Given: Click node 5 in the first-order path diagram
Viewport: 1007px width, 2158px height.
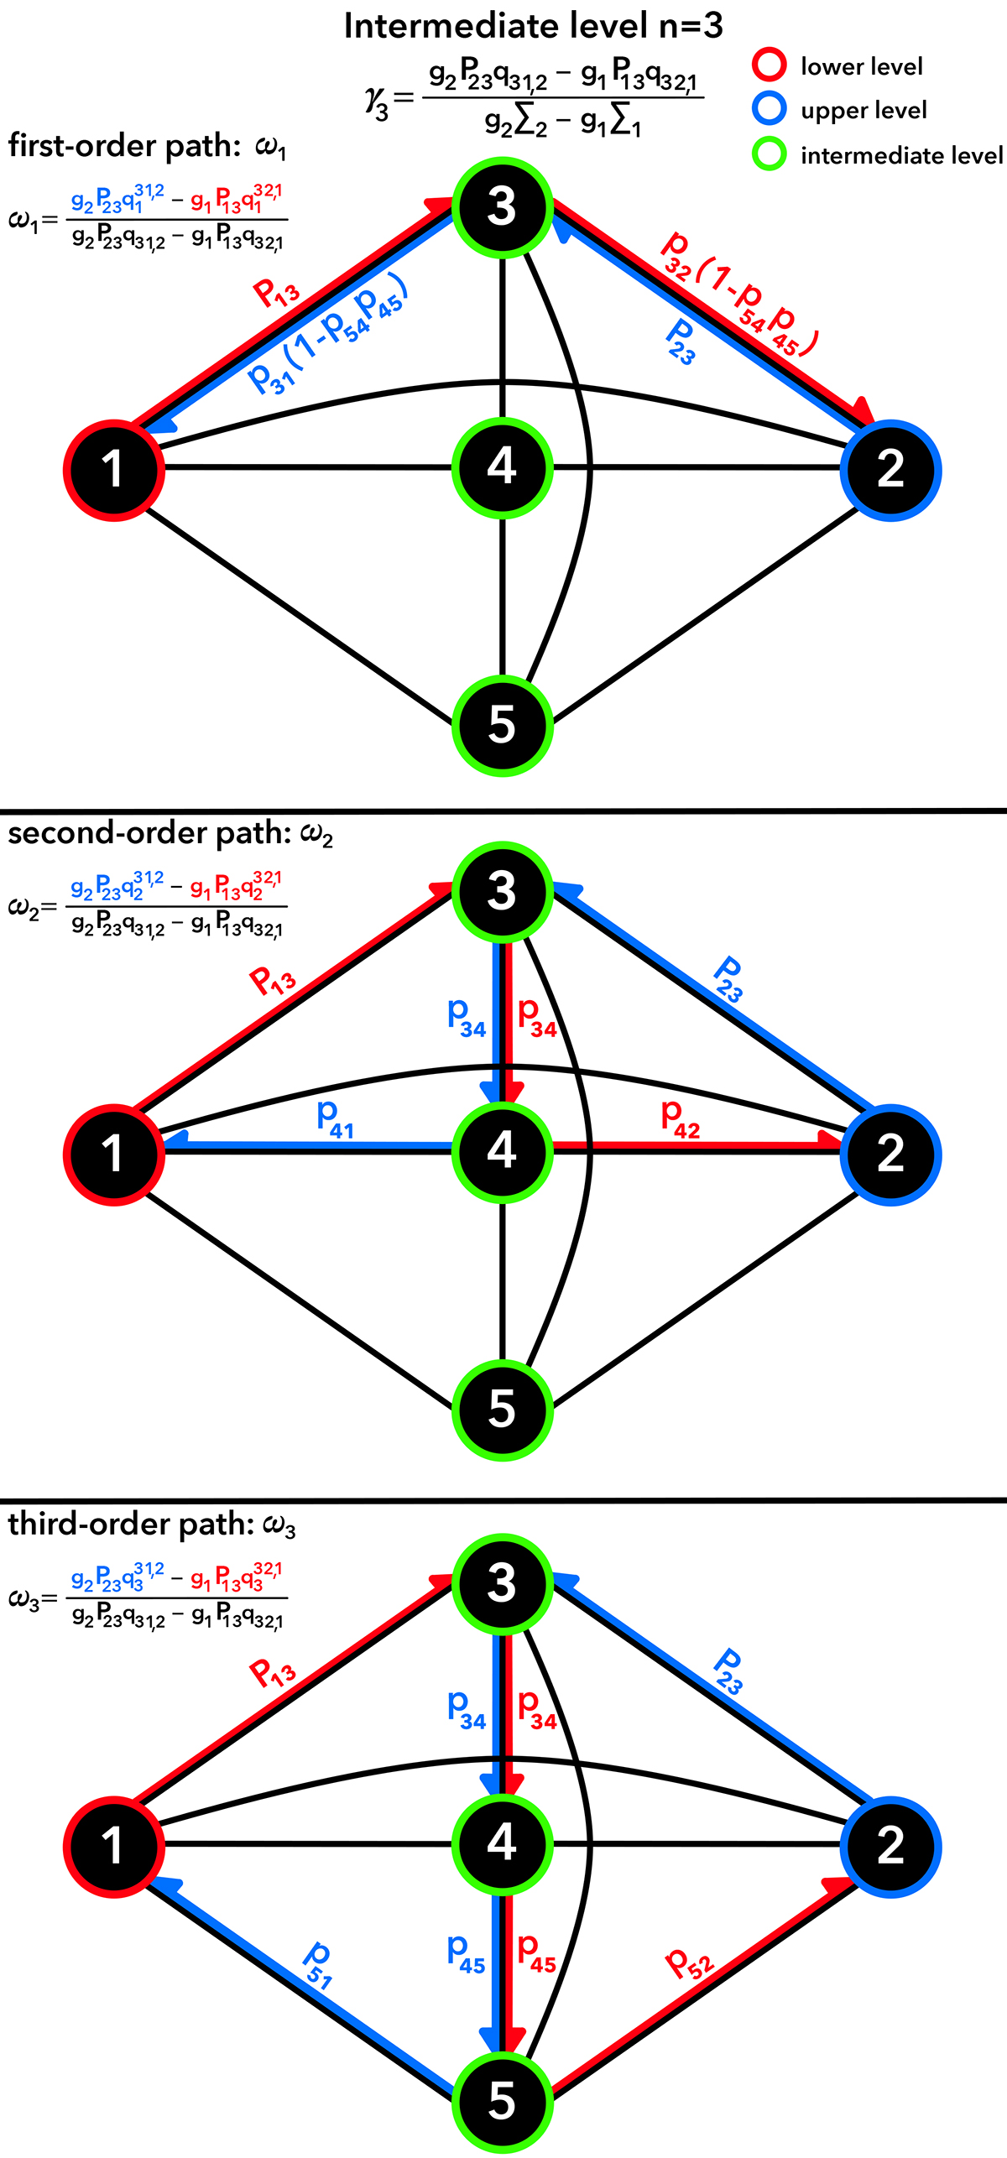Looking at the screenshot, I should coord(502,725).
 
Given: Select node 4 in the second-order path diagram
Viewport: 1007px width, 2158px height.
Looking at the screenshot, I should coord(502,1151).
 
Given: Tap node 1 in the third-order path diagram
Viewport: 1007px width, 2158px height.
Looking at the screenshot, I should coord(113,1846).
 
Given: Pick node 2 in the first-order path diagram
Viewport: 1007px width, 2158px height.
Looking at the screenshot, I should coord(890,470).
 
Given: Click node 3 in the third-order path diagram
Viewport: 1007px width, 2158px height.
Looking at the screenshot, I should coord(502,1582).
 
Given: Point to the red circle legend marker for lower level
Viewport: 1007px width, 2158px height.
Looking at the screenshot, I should coord(769,65).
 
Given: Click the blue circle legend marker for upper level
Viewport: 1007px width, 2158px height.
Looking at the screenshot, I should coord(769,109).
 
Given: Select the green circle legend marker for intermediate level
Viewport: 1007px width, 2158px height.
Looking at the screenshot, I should coord(769,154).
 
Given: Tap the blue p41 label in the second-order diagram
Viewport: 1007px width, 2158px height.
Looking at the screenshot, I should coord(335,1118).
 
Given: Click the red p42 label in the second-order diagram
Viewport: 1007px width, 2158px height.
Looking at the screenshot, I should coord(680,1118).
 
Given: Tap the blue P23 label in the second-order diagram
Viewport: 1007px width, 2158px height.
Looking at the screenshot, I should coord(728,979).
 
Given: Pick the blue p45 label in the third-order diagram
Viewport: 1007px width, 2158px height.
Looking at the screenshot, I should coord(467,1953).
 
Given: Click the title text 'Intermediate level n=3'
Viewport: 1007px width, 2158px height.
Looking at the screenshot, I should coord(533,27).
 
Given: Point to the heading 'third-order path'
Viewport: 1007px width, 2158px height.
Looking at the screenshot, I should coord(131,1524).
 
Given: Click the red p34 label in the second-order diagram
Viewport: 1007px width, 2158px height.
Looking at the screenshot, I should coord(537,1019).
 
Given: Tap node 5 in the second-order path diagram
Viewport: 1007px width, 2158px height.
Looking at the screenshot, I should coord(502,1410).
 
